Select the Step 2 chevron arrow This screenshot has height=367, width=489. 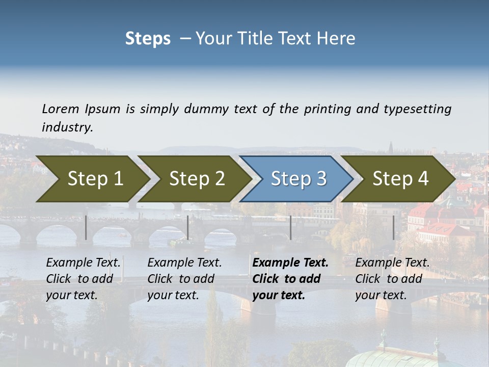[197, 178]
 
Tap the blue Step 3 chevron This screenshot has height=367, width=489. [298, 178]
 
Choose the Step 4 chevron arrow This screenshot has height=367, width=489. [400, 178]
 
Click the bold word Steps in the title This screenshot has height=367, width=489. [148, 38]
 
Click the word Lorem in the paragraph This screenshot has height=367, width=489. [61, 109]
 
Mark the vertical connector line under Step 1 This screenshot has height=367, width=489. [86, 227]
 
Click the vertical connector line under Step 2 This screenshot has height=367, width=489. [188, 227]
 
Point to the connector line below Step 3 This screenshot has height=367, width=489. [290, 227]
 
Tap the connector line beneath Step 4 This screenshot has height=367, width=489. [393, 227]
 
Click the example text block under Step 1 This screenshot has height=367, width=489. [83, 279]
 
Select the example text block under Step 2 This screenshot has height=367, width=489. [184, 279]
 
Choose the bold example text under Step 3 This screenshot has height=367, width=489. [290, 279]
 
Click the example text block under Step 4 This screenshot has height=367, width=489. [392, 279]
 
